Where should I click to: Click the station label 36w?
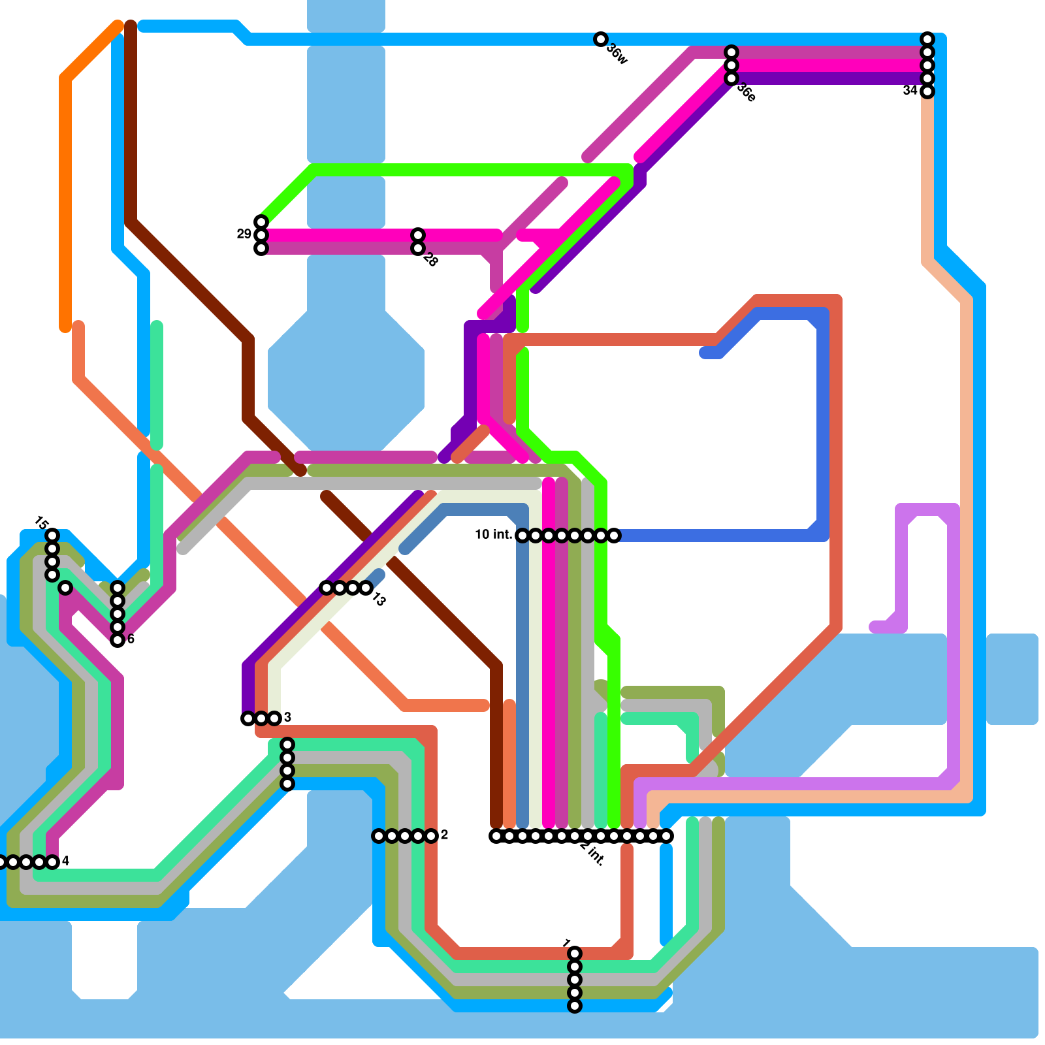click(x=617, y=54)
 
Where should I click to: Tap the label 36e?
click(x=747, y=93)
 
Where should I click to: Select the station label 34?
click(x=910, y=91)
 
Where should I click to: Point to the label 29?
click(x=244, y=234)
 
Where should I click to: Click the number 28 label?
click(x=430, y=259)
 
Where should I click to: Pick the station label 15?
click(x=41, y=523)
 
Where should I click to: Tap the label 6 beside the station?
click(x=131, y=639)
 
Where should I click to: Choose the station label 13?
click(x=379, y=599)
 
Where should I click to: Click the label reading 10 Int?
click(x=493, y=535)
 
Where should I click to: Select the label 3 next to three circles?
click(x=287, y=718)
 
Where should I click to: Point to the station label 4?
click(x=65, y=861)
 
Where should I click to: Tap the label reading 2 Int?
click(x=592, y=853)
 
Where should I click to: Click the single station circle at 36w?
click(x=601, y=39)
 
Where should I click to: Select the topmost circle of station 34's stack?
click(x=927, y=39)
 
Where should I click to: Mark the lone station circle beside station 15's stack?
click(x=65, y=588)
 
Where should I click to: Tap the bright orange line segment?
click(x=65, y=196)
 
